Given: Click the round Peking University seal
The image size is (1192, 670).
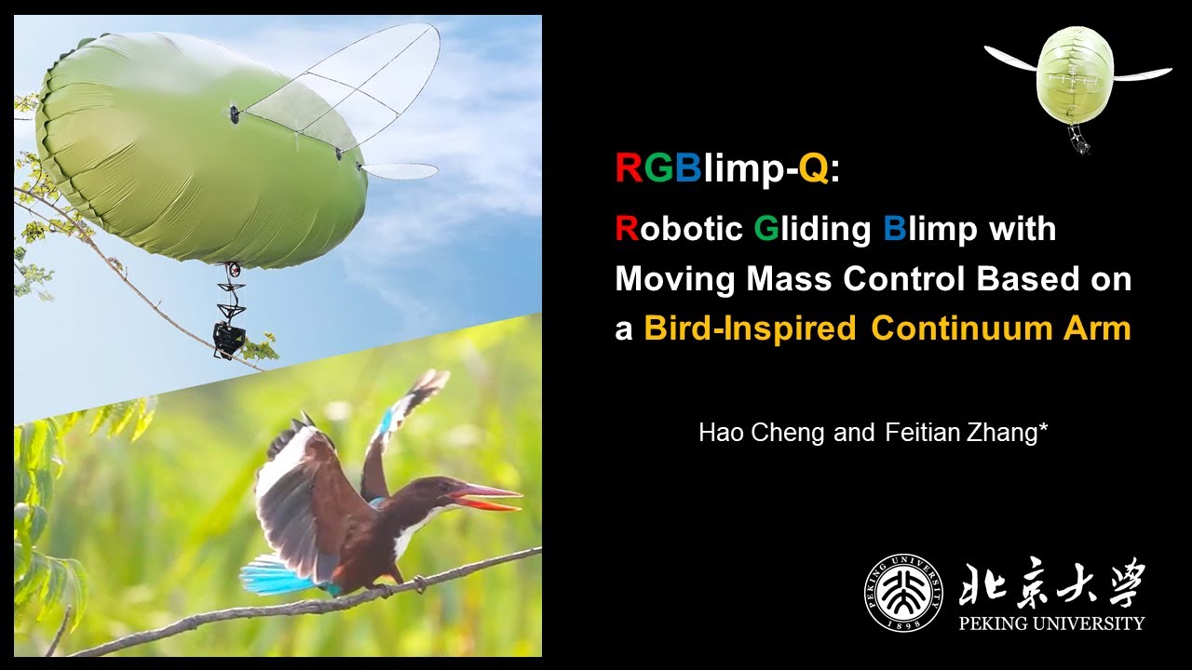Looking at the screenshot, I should [x=903, y=593].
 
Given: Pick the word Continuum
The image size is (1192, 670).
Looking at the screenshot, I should [x=964, y=329].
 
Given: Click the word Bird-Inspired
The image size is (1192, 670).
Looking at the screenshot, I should [x=750, y=329].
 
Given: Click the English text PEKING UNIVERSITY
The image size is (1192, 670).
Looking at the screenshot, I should [x=1051, y=623].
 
